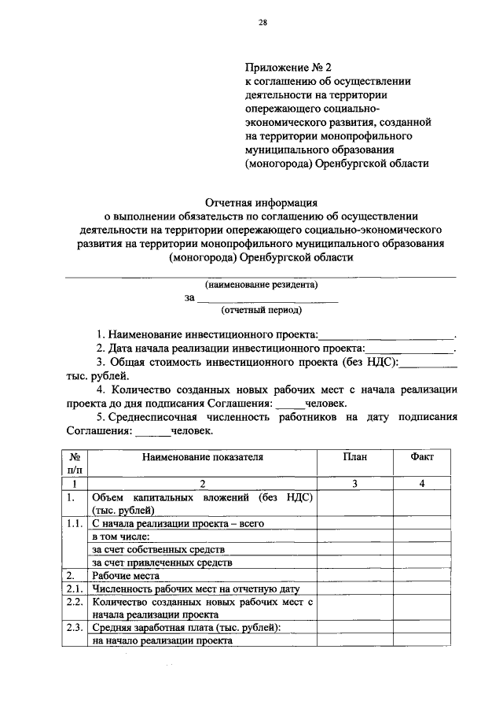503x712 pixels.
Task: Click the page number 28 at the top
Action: click(263, 24)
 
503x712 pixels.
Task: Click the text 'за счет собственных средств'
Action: click(158, 549)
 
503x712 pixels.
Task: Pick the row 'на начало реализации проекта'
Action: click(162, 641)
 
